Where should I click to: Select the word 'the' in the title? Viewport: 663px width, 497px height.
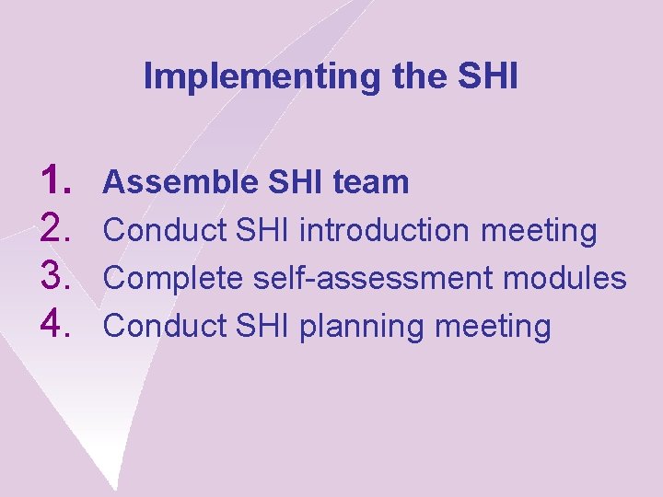pos(418,77)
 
